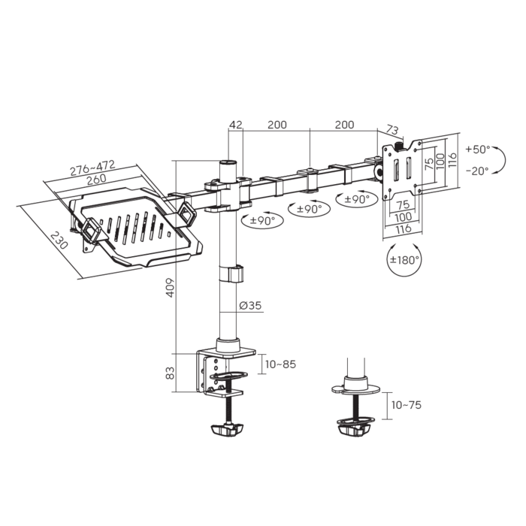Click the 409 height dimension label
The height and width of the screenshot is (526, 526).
pos(171,288)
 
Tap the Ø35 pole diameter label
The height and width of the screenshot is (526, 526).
pos(250,306)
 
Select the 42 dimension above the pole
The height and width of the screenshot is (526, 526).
pos(235,125)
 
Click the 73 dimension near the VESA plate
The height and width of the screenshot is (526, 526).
pos(391,130)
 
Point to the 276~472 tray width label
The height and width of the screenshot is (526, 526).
pos(92,168)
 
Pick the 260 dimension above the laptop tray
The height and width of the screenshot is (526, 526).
pos(97,179)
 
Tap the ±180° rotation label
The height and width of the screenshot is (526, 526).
pos(404,260)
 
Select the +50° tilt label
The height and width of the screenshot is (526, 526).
pos(478,149)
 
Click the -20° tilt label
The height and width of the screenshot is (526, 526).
pos(477,171)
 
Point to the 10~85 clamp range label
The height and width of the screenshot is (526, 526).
pos(280,364)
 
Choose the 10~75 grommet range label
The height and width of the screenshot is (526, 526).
pos(406,405)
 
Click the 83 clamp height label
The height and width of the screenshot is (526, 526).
pos(171,373)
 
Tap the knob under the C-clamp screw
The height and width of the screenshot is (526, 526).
pos(227,430)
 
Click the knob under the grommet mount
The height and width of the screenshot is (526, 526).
pos(354,431)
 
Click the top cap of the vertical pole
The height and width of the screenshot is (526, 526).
pos(228,163)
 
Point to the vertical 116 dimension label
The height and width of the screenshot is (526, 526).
pos(452,161)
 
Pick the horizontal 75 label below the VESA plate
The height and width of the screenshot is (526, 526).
pos(403,204)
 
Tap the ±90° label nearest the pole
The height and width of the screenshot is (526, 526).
pos(263,221)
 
